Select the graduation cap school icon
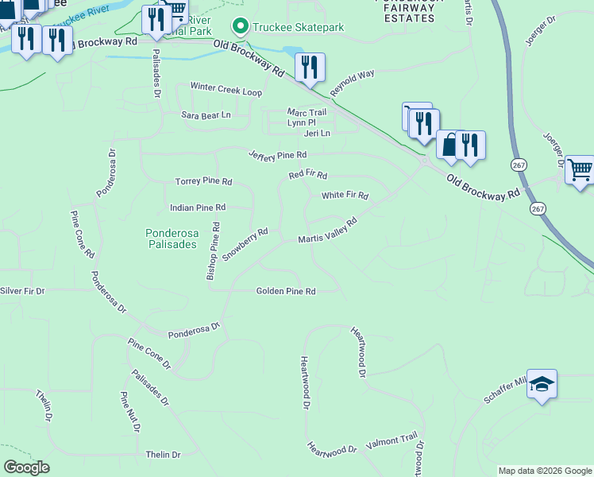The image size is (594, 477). click(542, 385)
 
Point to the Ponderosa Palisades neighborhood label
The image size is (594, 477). click(171, 238)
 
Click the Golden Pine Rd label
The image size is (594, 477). click(286, 292)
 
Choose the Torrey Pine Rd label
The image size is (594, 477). click(203, 182)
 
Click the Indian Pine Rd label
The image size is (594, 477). click(198, 207)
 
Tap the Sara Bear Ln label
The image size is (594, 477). click(206, 115)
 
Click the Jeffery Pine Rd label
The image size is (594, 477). click(277, 154)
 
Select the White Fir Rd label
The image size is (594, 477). click(345, 196)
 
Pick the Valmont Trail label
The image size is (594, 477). click(391, 440)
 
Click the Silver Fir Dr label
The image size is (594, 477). click(22, 292)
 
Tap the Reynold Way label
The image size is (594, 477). click(352, 83)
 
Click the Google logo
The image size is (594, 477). click(26, 467)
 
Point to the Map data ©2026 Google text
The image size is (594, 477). click(544, 471)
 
